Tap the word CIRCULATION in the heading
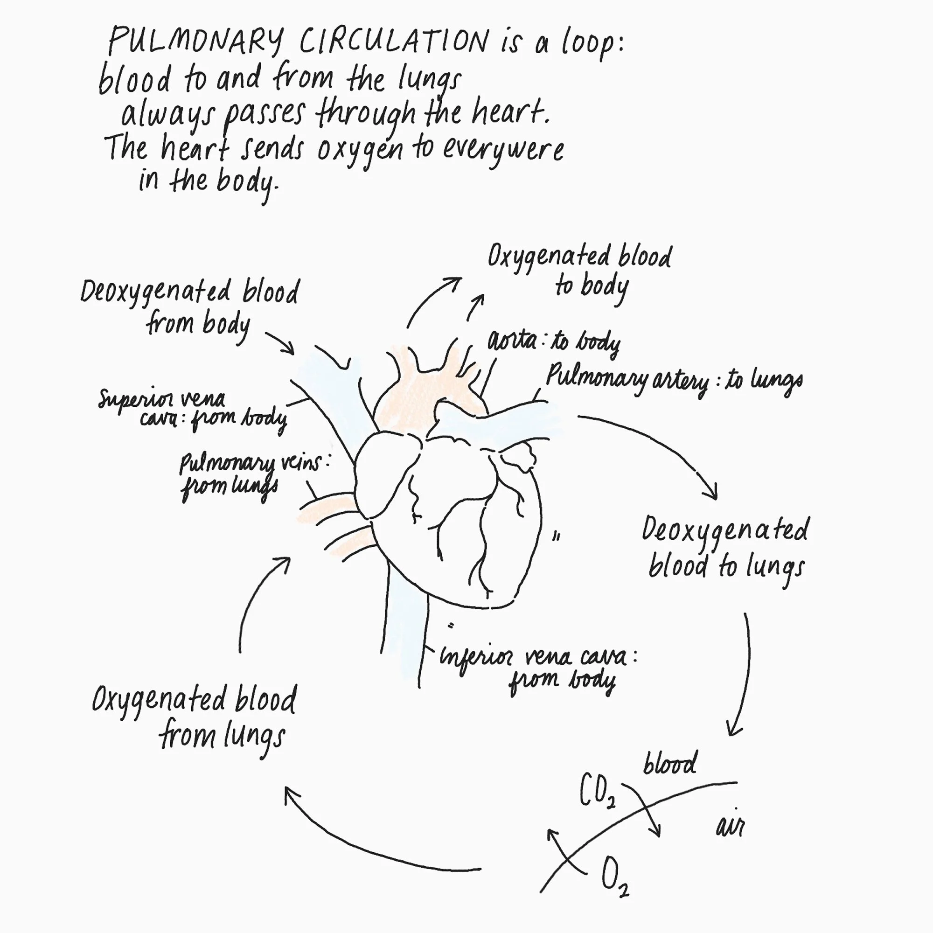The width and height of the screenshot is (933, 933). (x=394, y=42)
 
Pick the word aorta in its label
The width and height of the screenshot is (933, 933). (x=512, y=341)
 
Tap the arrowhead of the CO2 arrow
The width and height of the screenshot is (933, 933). (x=657, y=832)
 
